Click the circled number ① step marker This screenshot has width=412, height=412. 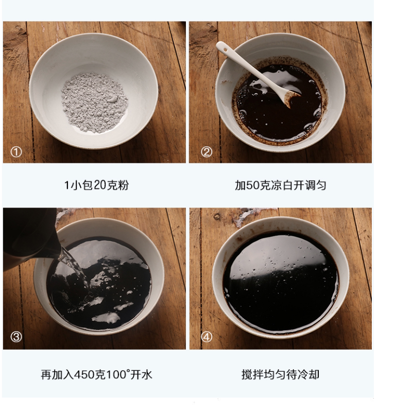(16, 152)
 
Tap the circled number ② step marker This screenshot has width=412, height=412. (207, 152)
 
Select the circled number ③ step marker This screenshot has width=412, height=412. (16, 337)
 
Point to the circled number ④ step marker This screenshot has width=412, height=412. (207, 337)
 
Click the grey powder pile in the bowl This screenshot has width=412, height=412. (95, 102)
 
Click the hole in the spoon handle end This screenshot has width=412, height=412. (225, 49)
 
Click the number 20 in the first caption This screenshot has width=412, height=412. (99, 185)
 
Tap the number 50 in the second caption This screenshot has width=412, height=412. (253, 185)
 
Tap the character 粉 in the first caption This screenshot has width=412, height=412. (123, 185)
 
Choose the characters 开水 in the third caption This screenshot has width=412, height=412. (141, 375)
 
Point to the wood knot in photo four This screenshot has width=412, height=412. (217, 216)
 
